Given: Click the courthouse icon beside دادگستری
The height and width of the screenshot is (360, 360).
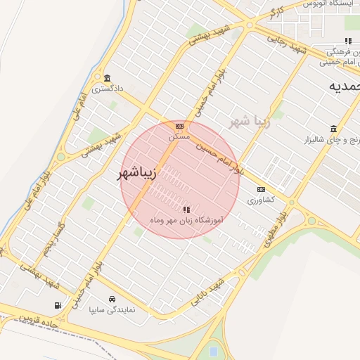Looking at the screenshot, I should coord(107,78).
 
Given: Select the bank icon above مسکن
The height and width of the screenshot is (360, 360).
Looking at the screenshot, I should coord(180,126).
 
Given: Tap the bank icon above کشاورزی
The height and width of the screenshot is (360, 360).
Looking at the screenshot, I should coord(262,189).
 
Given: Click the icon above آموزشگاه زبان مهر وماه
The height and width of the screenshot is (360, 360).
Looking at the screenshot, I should coord(186,210).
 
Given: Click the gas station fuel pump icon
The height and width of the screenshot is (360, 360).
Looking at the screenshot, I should coord(57,305).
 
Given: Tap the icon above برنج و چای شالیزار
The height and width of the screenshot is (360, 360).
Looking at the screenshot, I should coord(333,129).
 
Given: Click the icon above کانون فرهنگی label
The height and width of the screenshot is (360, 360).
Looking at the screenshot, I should coord(348,41).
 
